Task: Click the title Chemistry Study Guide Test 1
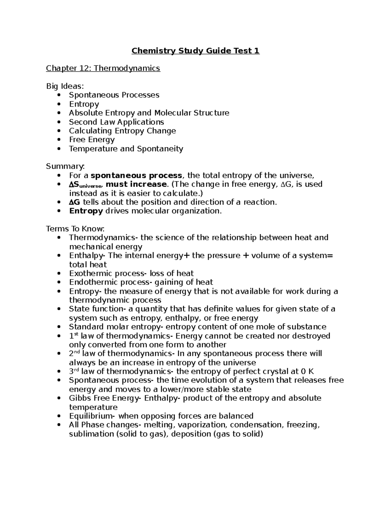(195, 51)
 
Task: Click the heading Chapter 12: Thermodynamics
(103, 68)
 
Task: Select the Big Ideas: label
(65, 86)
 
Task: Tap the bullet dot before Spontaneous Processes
(59, 95)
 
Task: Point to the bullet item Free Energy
(92, 140)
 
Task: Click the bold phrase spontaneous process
(136, 176)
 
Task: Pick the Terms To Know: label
(75, 229)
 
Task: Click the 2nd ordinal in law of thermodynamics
(75, 354)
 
